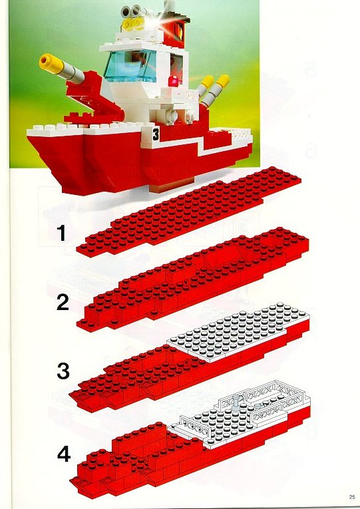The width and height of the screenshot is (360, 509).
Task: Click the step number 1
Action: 61,234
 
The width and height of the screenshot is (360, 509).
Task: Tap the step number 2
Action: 63,303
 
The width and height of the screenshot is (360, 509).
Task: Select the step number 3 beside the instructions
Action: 63,371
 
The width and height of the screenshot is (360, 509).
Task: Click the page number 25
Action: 352,497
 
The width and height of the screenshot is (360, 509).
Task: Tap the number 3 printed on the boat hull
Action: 156,134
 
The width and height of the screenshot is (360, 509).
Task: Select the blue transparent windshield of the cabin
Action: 130,66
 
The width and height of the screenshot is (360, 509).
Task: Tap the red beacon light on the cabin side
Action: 173,81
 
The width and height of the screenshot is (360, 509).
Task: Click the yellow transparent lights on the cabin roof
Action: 134,23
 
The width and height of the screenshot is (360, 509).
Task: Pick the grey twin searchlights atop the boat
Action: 132,11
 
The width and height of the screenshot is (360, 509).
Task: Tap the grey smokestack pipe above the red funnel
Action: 169,6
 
